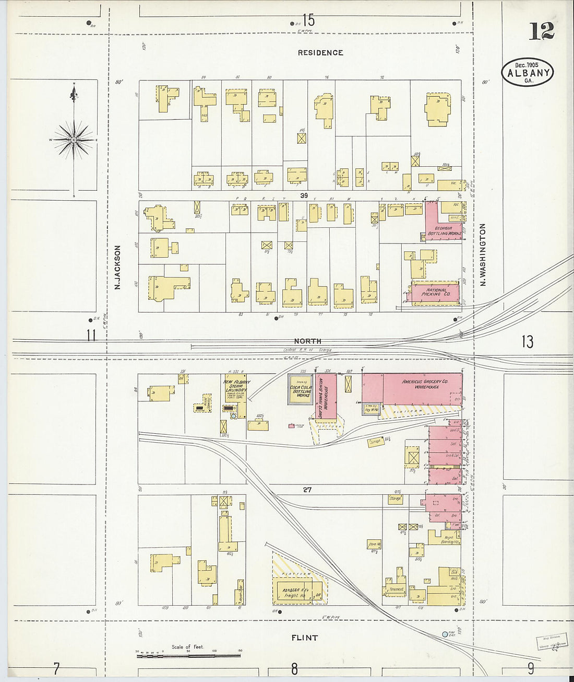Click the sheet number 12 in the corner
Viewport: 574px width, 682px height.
click(x=541, y=31)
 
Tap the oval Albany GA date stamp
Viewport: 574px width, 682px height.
click(x=528, y=73)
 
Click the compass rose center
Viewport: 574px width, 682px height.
click(x=74, y=140)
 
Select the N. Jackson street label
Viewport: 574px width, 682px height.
click(x=118, y=268)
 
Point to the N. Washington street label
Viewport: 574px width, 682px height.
click(x=483, y=255)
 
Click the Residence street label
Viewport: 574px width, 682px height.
click(x=320, y=53)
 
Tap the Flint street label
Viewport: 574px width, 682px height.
click(x=305, y=638)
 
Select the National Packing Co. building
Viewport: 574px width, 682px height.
click(x=436, y=293)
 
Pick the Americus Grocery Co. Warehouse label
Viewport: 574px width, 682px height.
click(x=424, y=384)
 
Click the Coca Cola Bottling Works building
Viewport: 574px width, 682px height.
click(x=301, y=389)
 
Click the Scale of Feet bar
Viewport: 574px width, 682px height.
click(x=189, y=654)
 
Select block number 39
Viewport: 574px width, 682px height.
click(x=304, y=195)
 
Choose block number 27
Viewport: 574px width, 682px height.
click(x=307, y=490)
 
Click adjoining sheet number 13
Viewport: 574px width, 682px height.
click(x=527, y=342)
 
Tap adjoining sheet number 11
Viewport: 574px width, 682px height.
click(x=91, y=336)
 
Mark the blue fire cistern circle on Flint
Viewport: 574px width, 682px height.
click(x=445, y=634)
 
